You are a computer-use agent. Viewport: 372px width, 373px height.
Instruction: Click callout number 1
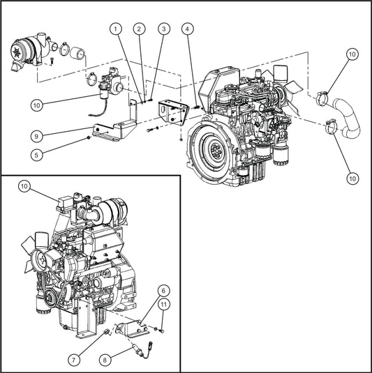pyautogui.click(x=116, y=29)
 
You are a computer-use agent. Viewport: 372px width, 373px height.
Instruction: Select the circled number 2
pyautogui.click(x=140, y=29)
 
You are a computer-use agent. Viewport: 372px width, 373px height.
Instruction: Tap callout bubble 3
pyautogui.click(x=163, y=29)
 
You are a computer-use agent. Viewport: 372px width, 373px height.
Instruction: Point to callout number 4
pyautogui.click(x=187, y=29)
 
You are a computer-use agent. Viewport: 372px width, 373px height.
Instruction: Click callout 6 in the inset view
pyautogui.click(x=164, y=290)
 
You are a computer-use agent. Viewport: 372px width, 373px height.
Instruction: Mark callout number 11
pyautogui.click(x=164, y=304)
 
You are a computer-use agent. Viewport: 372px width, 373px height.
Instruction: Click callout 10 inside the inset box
pyautogui.click(x=24, y=186)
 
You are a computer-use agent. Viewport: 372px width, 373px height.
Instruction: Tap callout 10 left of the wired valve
pyautogui.click(x=36, y=105)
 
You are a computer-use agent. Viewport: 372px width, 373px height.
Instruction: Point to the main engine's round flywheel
pyautogui.click(x=212, y=151)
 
